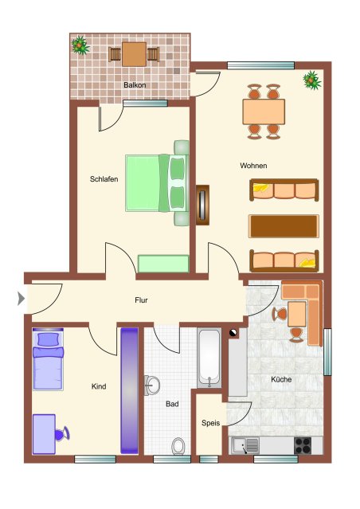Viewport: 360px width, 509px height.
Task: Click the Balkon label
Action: pos(135,85)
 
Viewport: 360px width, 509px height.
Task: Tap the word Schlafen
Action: pos(104,179)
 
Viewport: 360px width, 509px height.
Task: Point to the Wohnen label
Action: pos(253,166)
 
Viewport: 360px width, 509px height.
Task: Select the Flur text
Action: pos(141,300)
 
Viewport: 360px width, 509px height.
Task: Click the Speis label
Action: pos(211,423)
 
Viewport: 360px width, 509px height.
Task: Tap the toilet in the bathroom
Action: pos(178,446)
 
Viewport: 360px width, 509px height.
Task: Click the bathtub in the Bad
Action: pos(209,358)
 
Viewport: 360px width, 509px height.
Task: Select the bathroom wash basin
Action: pos(151,386)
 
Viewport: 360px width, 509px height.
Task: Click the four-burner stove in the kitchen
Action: pos(303,445)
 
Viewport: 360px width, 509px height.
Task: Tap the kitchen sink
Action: pos(245,445)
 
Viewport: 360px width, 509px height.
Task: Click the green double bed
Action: pos(157,183)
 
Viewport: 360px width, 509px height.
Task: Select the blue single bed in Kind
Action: pos(48,359)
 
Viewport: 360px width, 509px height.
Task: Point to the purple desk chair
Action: pos(62,434)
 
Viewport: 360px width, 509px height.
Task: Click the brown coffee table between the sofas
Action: pos(284,226)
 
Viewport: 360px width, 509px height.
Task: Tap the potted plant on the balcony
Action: pos(80,45)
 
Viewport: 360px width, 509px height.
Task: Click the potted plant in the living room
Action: pos(312,80)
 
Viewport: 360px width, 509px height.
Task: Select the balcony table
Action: pos(134,54)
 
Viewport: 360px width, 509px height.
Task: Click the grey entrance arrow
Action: pos(21,299)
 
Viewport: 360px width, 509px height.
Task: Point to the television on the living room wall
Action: pos(202,205)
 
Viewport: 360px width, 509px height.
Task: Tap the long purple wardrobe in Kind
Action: pos(130,390)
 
